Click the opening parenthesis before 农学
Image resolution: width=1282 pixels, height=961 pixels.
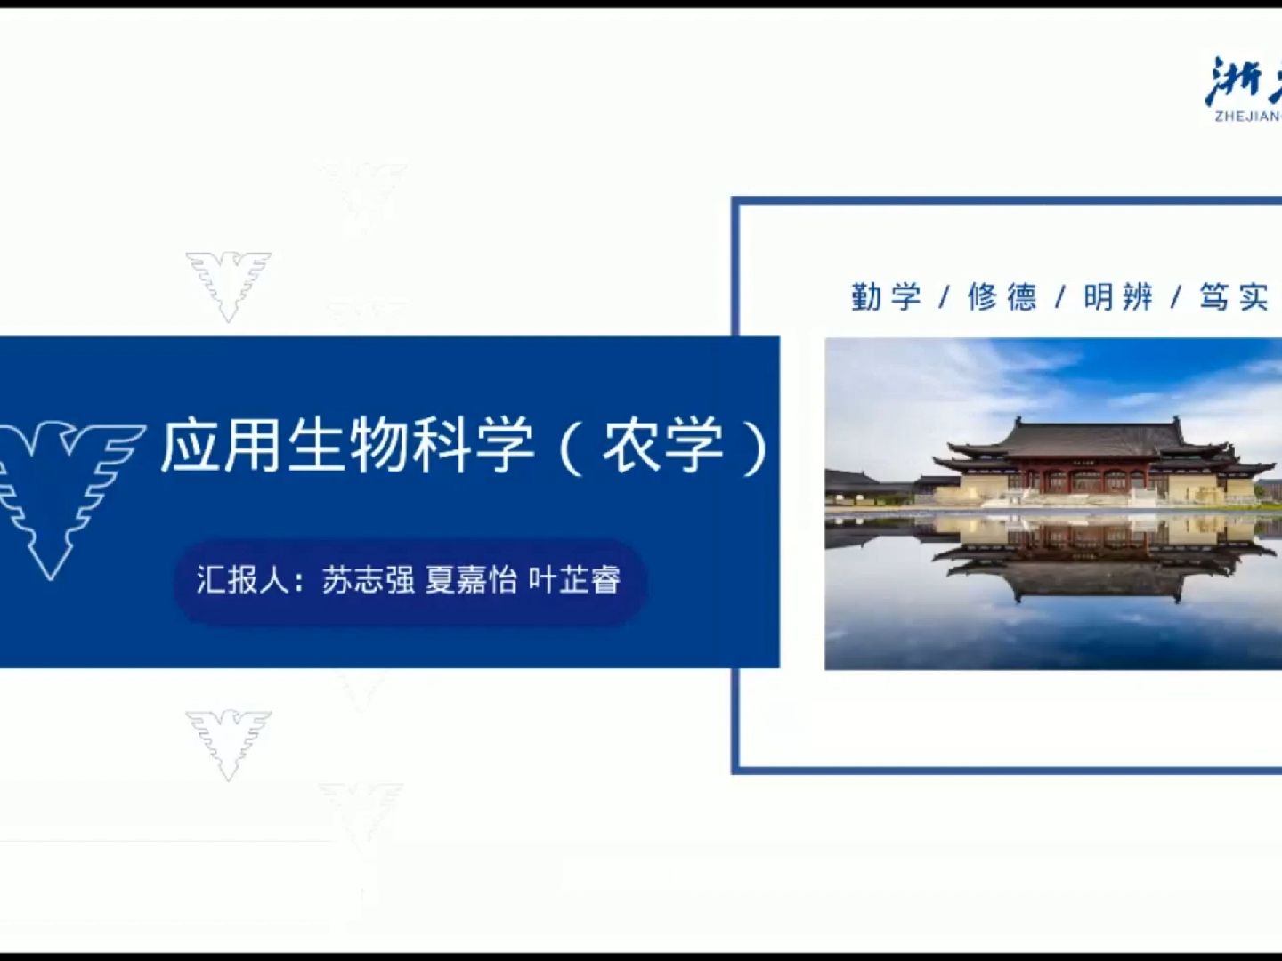571,447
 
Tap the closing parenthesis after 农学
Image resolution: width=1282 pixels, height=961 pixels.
756,447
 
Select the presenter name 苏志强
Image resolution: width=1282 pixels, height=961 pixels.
369,580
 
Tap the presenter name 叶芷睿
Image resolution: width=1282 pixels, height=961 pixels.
575,580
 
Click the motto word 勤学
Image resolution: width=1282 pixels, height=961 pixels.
886,296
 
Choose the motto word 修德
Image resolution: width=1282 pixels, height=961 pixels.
1002,296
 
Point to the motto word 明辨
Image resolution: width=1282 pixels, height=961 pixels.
1118,296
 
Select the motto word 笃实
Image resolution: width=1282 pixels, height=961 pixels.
1234,296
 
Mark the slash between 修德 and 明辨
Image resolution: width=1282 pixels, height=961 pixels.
1060,297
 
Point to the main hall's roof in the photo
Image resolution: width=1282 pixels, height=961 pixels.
1095,439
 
